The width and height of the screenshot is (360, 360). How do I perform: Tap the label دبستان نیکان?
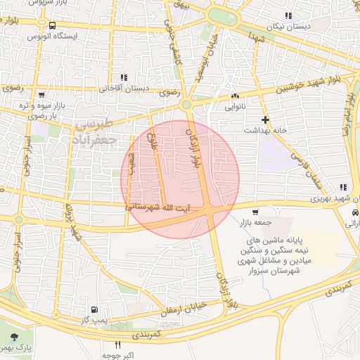coord(286,25)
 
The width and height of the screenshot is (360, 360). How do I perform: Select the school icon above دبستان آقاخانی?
coord(124,78)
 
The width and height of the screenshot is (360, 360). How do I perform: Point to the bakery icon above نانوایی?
coord(234,96)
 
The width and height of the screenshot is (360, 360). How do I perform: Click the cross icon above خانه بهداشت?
coord(265,120)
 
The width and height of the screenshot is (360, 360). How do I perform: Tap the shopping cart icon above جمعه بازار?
coord(255,212)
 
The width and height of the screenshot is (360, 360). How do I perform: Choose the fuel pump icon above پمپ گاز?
coord(94,309)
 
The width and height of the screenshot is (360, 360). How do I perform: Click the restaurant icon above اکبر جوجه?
coord(117,345)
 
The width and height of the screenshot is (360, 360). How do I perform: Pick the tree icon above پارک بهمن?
coord(16,337)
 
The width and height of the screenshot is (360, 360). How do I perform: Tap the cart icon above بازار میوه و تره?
coord(41,94)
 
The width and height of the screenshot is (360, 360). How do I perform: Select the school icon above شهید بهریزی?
coord(342,187)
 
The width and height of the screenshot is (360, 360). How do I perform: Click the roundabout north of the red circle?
coord(186,105)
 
